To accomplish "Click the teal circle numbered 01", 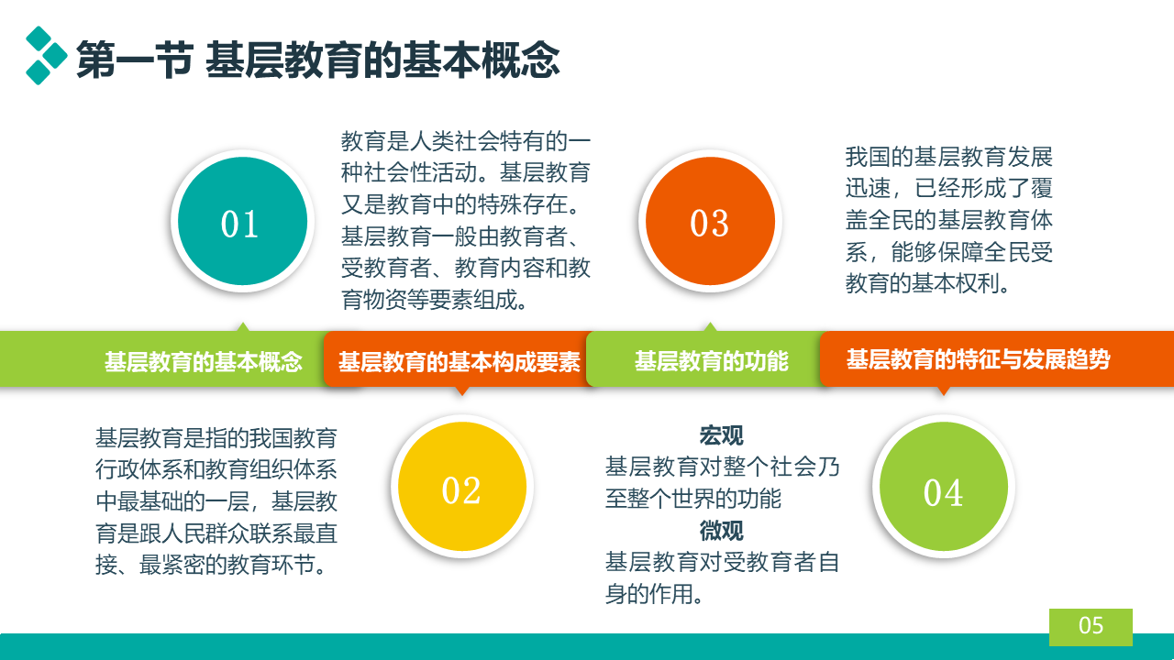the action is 242,221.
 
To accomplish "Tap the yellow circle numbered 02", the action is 461,486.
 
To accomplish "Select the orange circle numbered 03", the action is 710,221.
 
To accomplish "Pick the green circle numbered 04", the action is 944,486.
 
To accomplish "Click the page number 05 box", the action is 1091,626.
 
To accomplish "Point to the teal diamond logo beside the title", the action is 46,55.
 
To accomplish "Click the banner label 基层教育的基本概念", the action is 204,361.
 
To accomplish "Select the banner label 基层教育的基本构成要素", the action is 460,361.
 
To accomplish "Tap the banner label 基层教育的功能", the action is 711,361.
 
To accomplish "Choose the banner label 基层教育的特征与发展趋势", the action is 978,359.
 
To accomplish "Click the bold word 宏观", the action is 721,435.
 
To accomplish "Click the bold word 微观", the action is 721,531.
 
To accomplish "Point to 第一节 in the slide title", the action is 135,60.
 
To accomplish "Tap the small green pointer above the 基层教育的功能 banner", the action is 710,327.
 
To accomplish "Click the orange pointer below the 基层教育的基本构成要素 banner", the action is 461,390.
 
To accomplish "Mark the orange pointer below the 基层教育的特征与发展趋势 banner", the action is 944,390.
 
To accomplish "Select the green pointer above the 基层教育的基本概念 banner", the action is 243,327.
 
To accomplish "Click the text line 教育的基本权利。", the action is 926,283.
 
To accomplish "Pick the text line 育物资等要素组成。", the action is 434,300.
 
